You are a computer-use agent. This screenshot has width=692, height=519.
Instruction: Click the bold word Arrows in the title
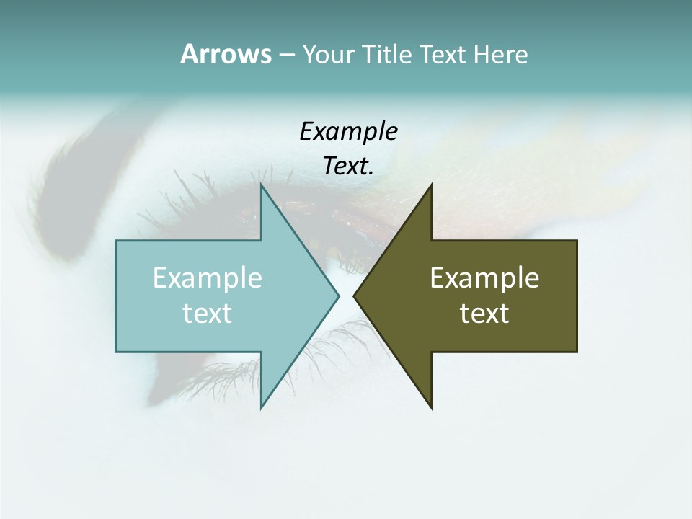pyautogui.click(x=226, y=54)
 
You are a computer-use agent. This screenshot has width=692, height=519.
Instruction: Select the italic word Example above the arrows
pyautogui.click(x=348, y=132)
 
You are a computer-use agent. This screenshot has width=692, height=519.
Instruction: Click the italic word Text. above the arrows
pyautogui.click(x=348, y=167)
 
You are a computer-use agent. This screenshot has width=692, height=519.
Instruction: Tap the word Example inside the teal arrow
pyautogui.click(x=208, y=278)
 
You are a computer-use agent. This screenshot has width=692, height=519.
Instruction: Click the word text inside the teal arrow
pyautogui.click(x=208, y=313)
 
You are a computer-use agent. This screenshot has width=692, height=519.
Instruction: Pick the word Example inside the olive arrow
pyautogui.click(x=484, y=278)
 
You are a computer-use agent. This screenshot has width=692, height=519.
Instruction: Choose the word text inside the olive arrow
pyautogui.click(x=484, y=313)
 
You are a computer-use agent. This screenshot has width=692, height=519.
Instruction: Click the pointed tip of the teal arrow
pyautogui.click(x=338, y=296)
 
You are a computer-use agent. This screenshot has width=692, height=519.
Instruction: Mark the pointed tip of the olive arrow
pyautogui.click(x=355, y=296)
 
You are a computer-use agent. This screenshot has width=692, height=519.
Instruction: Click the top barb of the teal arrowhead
pyautogui.click(x=262, y=185)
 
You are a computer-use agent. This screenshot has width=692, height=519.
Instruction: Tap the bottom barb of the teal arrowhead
pyautogui.click(x=262, y=407)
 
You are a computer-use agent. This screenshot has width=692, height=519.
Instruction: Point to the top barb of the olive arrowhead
pyautogui.click(x=431, y=185)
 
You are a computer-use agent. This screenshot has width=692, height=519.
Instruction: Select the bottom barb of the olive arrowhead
pyautogui.click(x=431, y=407)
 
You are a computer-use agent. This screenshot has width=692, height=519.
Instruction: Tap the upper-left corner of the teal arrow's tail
pyautogui.click(x=117, y=241)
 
